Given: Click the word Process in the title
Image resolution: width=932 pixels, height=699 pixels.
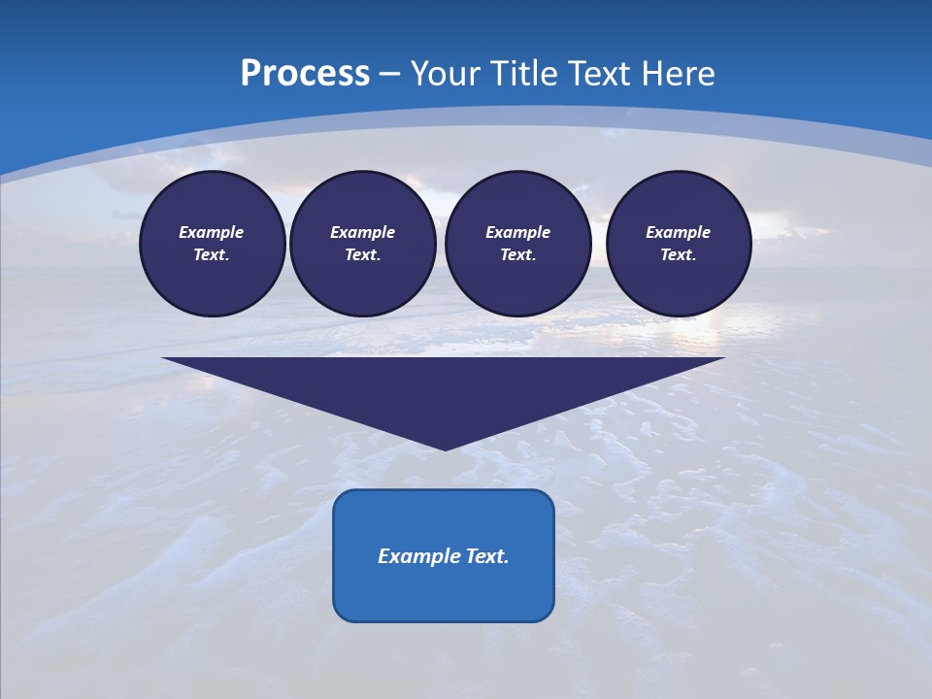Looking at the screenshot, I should [x=305, y=74].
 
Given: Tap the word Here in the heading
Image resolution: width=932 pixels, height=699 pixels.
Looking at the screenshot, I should [x=680, y=74].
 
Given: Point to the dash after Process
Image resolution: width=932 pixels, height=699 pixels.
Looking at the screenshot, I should [x=390, y=75].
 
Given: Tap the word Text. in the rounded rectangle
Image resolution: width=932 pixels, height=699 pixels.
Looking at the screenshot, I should [x=485, y=556].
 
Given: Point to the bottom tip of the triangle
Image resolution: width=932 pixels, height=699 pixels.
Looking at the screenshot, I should [x=445, y=448].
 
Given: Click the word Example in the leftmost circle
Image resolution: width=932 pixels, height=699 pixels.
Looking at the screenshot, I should [x=212, y=232].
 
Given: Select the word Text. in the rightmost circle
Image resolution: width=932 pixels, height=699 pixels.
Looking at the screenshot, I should [x=678, y=254].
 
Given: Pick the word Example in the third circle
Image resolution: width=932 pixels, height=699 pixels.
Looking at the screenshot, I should [x=517, y=232].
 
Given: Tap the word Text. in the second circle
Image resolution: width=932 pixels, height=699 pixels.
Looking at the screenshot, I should [x=362, y=254].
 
